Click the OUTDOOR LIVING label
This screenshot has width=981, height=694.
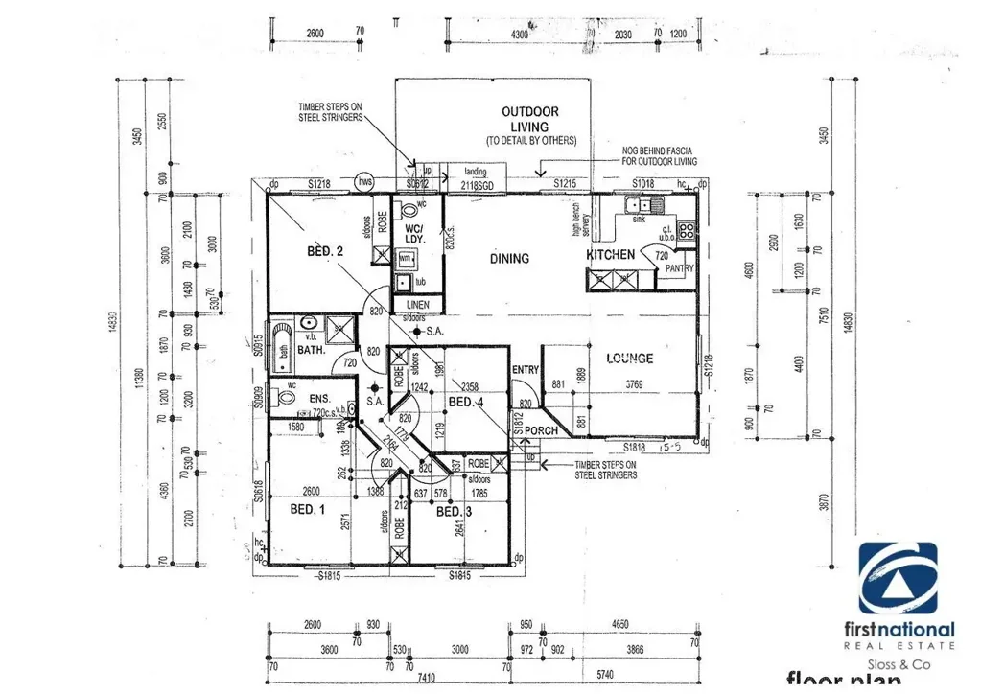tap(529, 119)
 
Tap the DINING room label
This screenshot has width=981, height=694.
tap(509, 258)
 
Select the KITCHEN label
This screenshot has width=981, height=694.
tap(610, 254)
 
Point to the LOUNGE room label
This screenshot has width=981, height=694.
tap(629, 359)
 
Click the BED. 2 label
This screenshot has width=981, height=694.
tap(325, 251)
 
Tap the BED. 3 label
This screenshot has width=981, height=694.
tap(455, 512)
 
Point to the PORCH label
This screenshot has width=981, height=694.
tap(541, 430)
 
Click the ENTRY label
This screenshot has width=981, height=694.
tap(526, 370)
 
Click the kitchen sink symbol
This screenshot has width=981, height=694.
tap(639, 204)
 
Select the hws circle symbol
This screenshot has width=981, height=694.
tap(364, 182)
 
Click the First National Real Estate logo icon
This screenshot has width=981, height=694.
tap(897, 579)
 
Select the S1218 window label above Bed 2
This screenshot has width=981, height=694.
tap(319, 183)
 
